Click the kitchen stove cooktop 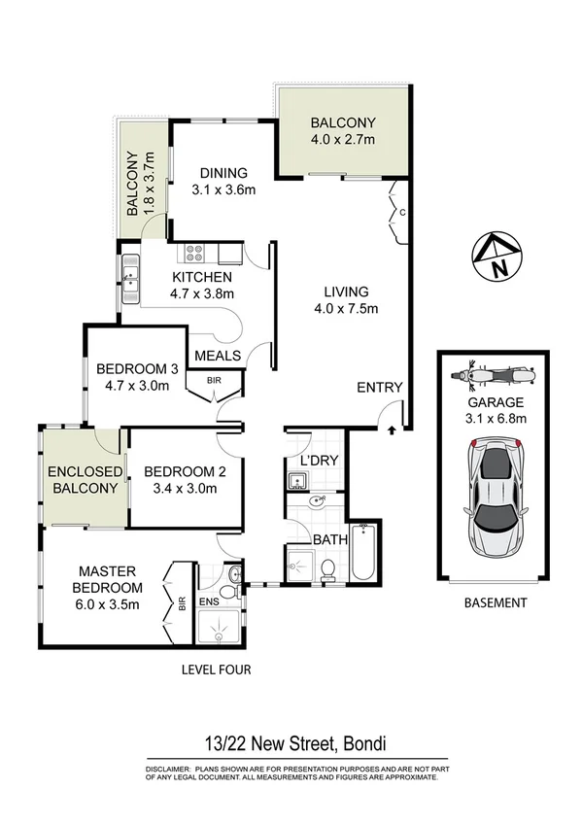pos(194,255)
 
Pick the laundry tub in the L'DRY pos(297,479)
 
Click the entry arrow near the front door pos(392,429)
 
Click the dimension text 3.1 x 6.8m pos(496,419)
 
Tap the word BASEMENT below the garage pos(496,602)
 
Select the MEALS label pos(219,356)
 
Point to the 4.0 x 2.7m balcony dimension pos(342,141)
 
